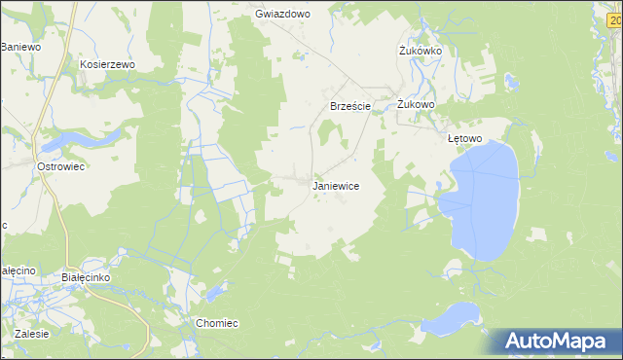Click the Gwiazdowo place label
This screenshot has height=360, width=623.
point(281,15)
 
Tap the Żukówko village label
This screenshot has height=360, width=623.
point(421,51)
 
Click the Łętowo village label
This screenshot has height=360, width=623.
point(464,138)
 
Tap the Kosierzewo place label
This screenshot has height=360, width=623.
point(107,63)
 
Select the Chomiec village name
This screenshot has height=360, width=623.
point(217,323)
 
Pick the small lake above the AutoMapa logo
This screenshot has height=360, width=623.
point(458,317)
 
